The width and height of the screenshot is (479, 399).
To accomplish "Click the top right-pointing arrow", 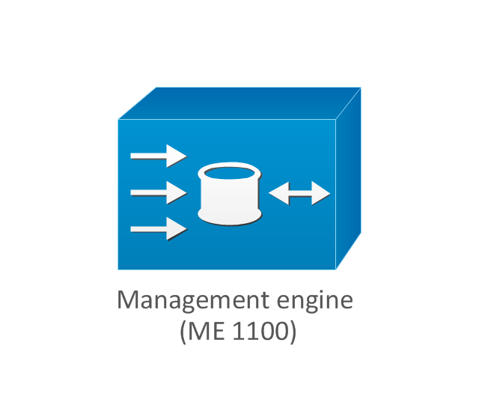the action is [159, 156].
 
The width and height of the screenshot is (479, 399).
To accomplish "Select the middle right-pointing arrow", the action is [159, 192].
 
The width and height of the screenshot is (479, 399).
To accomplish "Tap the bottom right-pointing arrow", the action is [159, 229].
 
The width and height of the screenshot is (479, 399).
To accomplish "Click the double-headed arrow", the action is [299, 193].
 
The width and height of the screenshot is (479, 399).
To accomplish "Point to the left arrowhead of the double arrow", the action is [279, 193].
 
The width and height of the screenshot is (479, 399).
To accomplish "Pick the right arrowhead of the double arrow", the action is [321, 193].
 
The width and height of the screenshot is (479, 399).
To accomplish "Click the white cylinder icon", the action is [230, 195].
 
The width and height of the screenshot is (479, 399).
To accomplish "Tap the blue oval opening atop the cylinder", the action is [230, 173].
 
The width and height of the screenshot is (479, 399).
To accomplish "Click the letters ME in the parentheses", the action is [206, 331].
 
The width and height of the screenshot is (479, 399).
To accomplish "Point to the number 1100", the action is [260, 331].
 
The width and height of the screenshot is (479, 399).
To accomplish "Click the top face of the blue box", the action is [239, 103].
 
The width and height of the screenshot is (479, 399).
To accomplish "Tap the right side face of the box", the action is [349, 179].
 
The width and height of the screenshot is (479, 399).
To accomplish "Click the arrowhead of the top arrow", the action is [177, 156].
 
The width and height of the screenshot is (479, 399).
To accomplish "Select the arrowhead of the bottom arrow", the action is [177, 229].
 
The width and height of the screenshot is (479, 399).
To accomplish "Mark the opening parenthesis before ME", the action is [183, 332].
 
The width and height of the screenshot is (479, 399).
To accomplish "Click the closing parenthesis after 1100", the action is [293, 332].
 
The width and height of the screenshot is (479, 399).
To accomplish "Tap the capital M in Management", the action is [127, 299].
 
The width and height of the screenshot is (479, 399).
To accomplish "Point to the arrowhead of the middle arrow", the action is [177, 192].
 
